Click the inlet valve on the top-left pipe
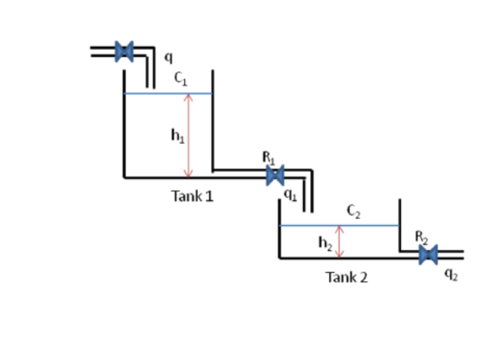124,51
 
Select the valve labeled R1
275,176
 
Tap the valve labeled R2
428,255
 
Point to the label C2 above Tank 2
353,211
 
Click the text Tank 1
192,196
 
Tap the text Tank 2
346,277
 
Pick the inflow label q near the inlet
168,55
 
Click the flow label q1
289,195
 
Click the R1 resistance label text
269,158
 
